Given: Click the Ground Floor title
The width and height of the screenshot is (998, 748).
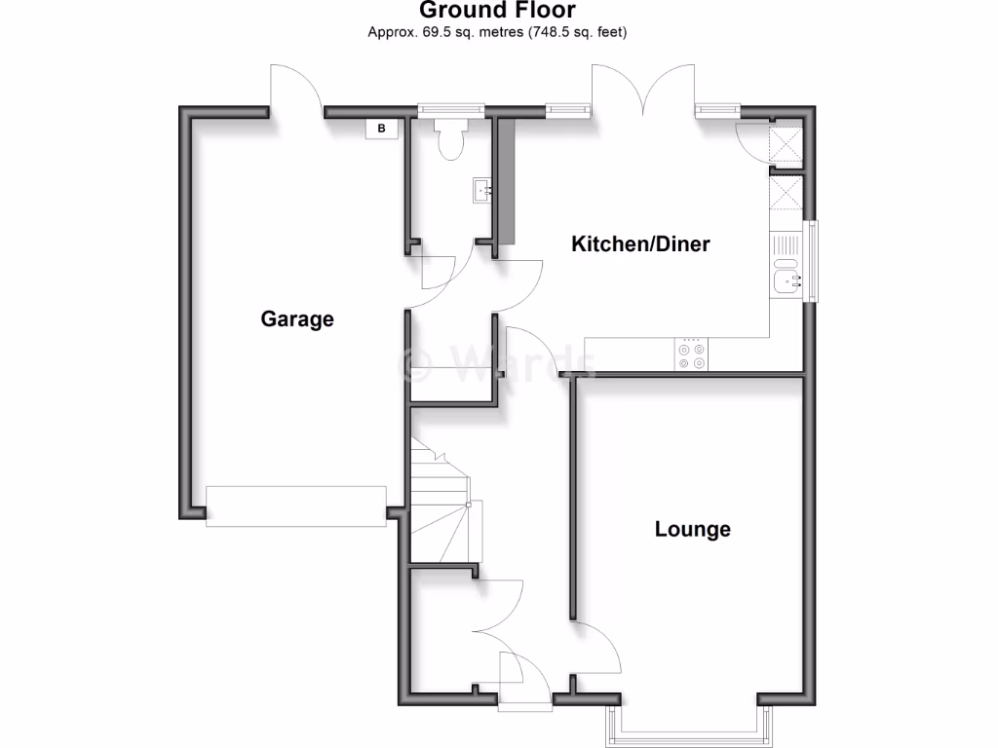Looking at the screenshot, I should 497,11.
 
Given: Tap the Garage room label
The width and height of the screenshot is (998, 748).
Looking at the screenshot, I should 296,318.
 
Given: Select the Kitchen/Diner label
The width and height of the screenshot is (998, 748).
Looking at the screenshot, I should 640,243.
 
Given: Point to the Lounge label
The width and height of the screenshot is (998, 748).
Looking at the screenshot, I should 692,530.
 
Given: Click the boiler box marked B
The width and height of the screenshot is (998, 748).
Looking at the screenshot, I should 382,129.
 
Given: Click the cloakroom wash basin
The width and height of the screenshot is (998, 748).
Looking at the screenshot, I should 481,191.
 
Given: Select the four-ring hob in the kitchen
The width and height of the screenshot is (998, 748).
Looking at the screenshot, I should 691,356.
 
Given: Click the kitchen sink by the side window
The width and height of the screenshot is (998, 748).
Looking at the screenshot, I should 786,280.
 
